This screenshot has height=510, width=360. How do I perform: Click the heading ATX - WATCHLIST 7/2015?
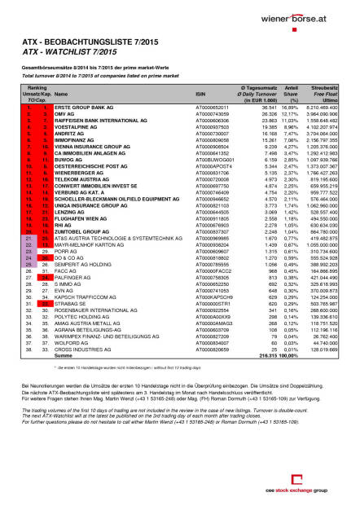coord(66,52)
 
